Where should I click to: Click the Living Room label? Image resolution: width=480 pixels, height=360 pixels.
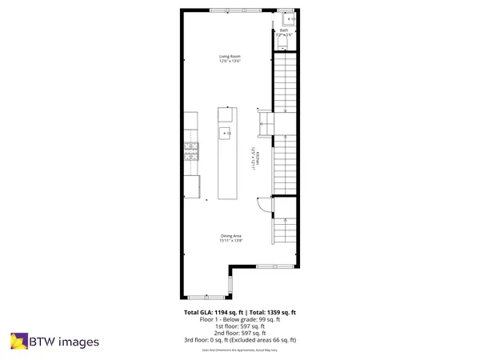pyautogui.click(x=230, y=56)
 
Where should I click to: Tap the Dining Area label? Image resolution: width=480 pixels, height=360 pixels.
pyautogui.click(x=230, y=234)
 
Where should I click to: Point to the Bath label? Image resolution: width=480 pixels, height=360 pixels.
pyautogui.click(x=283, y=30)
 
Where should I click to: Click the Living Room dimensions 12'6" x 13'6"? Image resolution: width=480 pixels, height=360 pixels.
pyautogui.click(x=230, y=61)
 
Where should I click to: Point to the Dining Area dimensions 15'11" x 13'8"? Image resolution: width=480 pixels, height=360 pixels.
pyautogui.click(x=230, y=239)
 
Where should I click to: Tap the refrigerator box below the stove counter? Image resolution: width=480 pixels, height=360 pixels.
pyautogui.click(x=192, y=186)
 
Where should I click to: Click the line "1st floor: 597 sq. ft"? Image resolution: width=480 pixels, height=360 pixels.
pyautogui.click(x=239, y=326)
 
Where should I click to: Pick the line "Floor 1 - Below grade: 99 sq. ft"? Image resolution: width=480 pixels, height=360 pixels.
pyautogui.click(x=239, y=318)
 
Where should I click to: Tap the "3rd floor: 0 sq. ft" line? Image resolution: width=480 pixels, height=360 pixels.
pyautogui.click(x=239, y=340)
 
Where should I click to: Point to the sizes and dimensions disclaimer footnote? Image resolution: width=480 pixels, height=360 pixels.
pyautogui.click(x=239, y=350)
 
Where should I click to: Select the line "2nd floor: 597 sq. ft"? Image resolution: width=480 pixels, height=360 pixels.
pyautogui.click(x=239, y=333)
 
